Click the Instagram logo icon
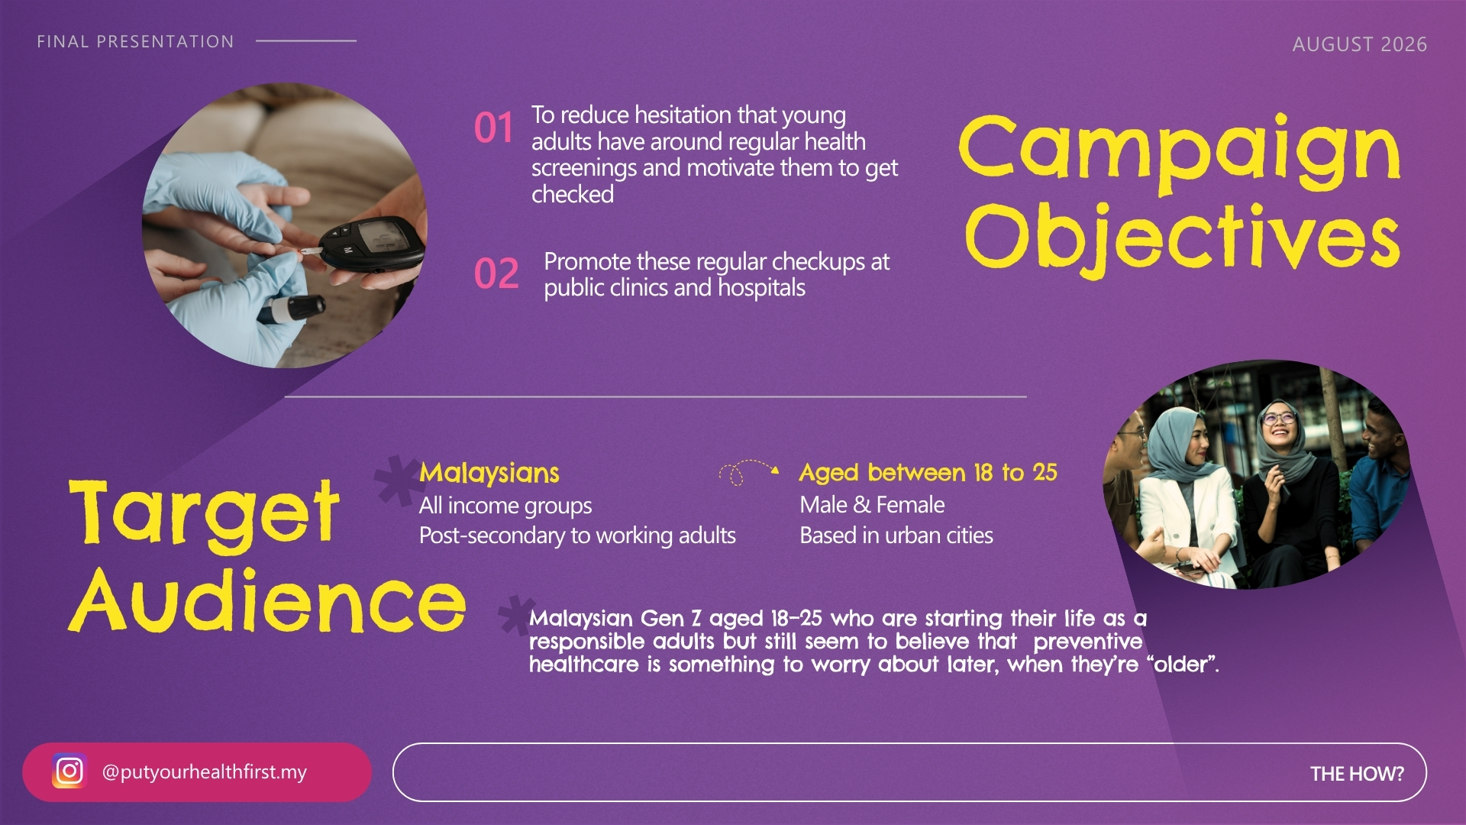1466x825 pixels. point(69,771)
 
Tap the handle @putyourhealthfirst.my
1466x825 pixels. point(204,772)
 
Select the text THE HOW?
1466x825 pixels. point(1357,774)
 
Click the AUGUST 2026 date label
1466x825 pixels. point(1359,44)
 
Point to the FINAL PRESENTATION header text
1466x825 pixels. point(135,41)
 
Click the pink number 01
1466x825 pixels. point(493,128)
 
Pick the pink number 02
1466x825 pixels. point(496,273)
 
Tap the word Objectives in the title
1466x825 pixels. point(1182,238)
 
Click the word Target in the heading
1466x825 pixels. point(204,513)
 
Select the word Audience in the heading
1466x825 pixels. point(267,600)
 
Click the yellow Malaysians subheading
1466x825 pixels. point(489,473)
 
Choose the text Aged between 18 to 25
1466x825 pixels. point(928,472)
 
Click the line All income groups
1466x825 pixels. point(505,505)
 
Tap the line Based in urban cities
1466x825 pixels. point(896,535)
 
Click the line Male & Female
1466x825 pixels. point(872,505)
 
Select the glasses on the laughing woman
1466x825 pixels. point(1279,418)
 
